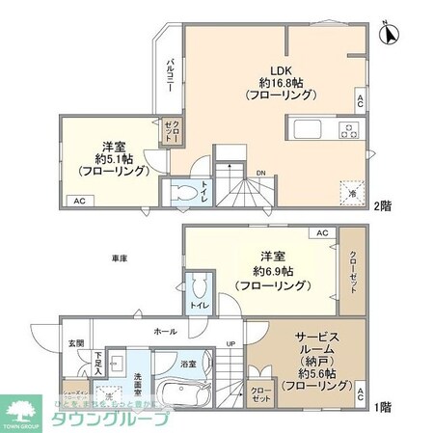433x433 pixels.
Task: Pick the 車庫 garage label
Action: click(x=116, y=257)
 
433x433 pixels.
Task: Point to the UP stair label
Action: click(x=230, y=344)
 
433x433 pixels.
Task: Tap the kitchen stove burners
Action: click(x=345, y=129)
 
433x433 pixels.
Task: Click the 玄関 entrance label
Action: click(x=75, y=343)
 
